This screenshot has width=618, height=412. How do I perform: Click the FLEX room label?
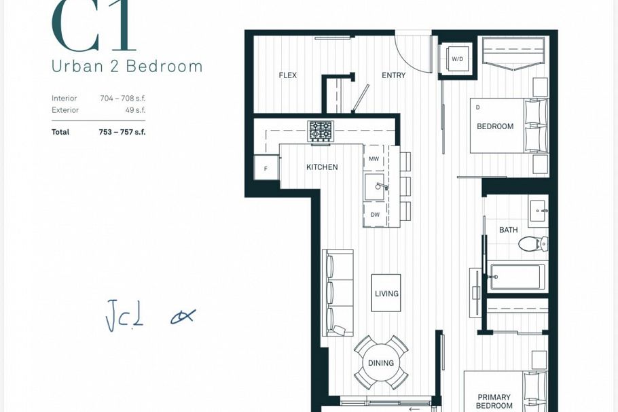tap(287, 75)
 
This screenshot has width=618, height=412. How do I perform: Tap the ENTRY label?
tap(393, 75)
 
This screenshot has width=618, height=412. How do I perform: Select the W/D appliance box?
tap(457, 59)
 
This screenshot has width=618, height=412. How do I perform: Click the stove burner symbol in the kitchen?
tap(321, 130)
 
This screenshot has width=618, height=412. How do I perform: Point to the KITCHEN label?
tap(322, 167)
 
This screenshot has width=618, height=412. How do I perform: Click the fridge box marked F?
tap(266, 168)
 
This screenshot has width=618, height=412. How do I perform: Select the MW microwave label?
tap(374, 159)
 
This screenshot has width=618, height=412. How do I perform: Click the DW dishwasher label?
tap(375, 215)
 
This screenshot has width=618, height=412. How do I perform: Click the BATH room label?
tap(509, 230)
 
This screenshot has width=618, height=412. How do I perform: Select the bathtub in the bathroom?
tap(516, 277)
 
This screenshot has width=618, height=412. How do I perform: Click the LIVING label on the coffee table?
tap(386, 294)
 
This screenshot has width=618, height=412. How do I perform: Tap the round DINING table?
tap(381, 363)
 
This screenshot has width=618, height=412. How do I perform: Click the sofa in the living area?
tap(338, 293)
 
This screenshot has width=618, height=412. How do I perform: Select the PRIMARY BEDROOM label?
tap(494, 401)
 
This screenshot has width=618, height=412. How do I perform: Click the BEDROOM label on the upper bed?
tap(495, 126)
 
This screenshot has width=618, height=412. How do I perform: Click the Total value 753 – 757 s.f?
tap(122, 132)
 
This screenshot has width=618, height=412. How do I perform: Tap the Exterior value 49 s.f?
tap(135, 110)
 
